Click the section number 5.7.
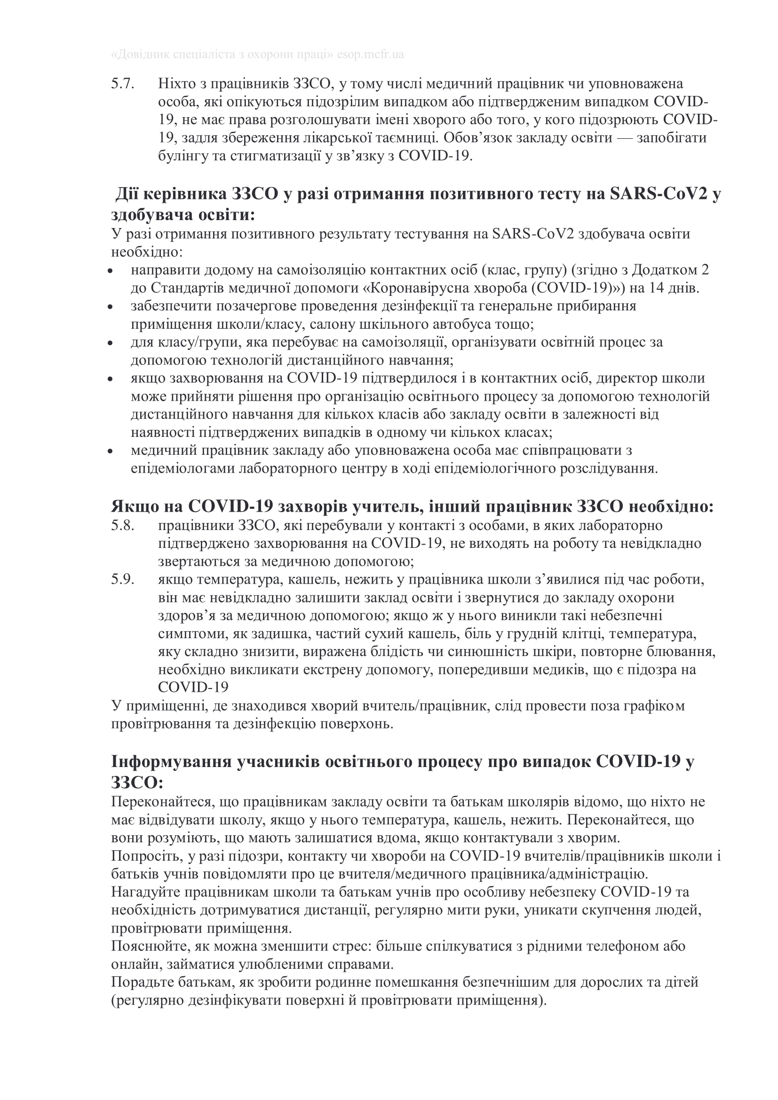point(123,84)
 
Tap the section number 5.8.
point(123,526)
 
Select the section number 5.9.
point(123,580)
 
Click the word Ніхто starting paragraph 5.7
point(175,84)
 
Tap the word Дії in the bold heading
point(127,194)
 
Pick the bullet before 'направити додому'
point(110,271)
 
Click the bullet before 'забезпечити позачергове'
point(110,307)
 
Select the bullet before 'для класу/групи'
point(110,343)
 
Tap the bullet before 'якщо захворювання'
point(110,379)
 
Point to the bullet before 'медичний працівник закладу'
point(110,451)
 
